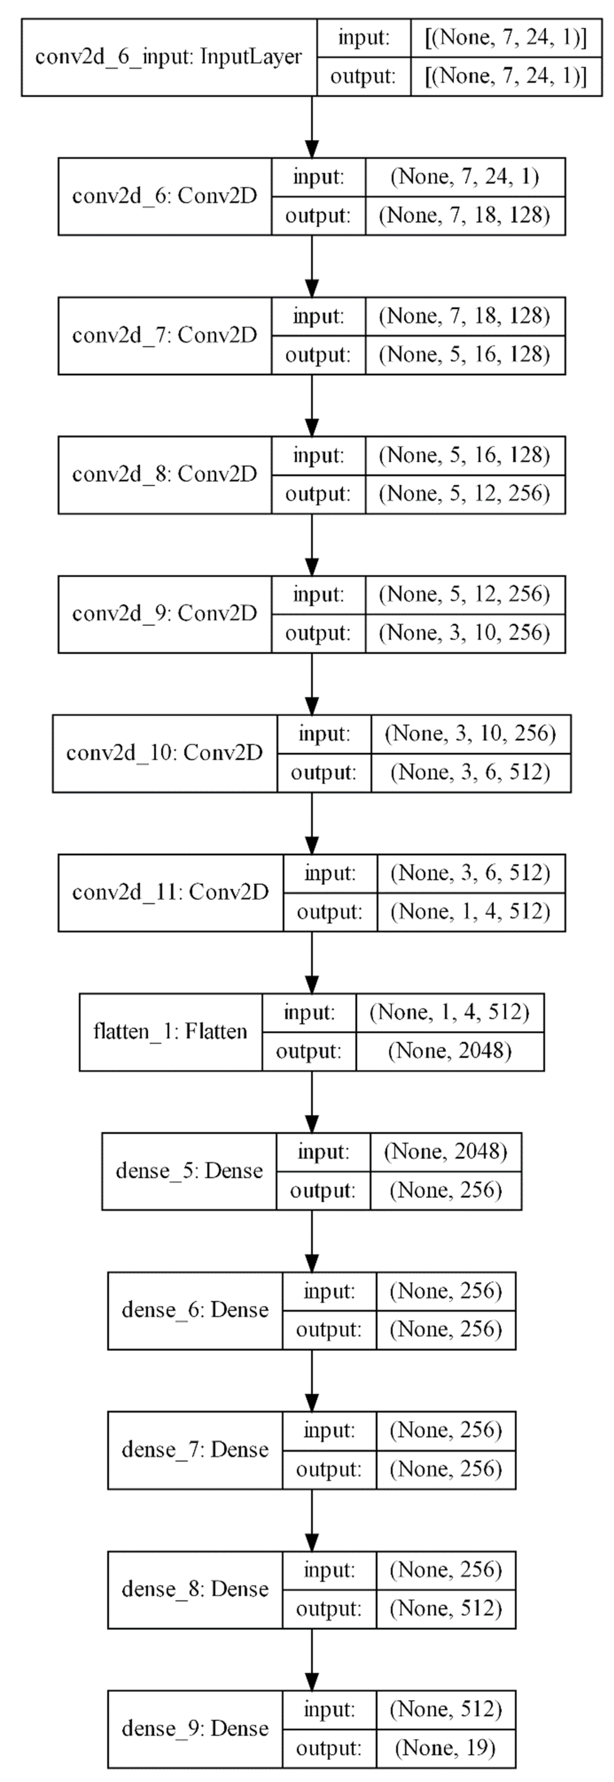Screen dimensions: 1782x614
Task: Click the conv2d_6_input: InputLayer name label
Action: pyautogui.click(x=168, y=57)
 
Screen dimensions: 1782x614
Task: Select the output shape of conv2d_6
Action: pyautogui.click(x=465, y=216)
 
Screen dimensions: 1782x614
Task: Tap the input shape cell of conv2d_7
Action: pyautogui.click(x=465, y=316)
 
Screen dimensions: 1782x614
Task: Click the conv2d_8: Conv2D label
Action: pyautogui.click(x=165, y=474)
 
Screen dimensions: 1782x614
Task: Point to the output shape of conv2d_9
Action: pyautogui.click(x=465, y=633)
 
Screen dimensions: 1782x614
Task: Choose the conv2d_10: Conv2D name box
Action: pyautogui.click(x=165, y=752)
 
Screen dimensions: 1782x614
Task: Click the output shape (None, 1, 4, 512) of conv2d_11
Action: pyautogui.click(x=471, y=912)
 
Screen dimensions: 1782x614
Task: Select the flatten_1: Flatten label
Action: pyautogui.click(x=170, y=1031)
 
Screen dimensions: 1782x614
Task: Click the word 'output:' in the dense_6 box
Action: pyautogui.click(x=329, y=1330)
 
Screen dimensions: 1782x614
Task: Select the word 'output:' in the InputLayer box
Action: pyautogui.click(x=363, y=76)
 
